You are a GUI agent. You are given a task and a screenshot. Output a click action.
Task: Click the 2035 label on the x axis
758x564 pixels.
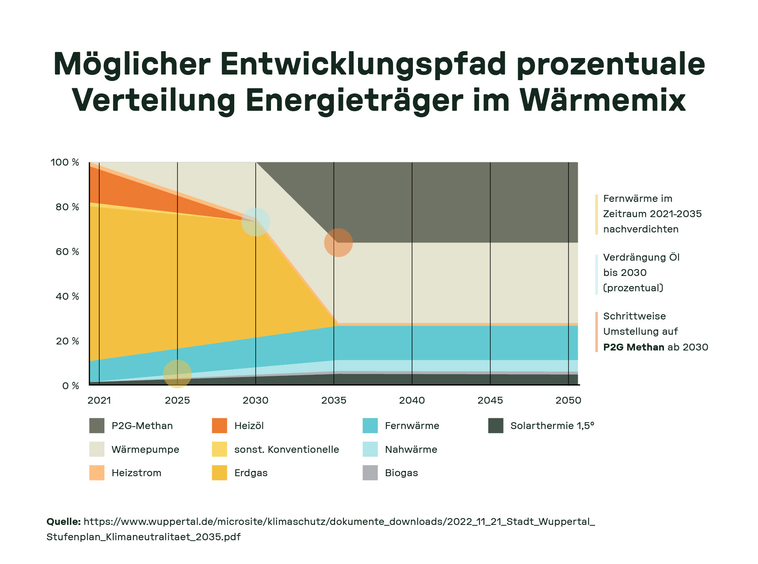333,400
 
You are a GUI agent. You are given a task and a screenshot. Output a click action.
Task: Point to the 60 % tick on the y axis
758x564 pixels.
67,252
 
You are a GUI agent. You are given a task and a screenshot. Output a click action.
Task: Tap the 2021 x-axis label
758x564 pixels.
99,400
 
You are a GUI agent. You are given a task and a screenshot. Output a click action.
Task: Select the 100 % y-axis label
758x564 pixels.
65,162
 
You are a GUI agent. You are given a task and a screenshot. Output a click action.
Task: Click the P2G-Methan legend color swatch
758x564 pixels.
97,426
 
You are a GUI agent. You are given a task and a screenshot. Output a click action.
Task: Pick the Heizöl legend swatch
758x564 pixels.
219,426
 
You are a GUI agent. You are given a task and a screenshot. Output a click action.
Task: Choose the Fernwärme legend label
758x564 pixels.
412,426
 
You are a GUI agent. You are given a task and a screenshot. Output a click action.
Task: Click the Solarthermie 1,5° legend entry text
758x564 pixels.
552,426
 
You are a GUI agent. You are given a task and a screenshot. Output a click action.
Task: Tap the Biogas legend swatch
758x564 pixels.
370,473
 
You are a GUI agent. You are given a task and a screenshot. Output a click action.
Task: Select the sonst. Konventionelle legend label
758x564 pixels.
286,450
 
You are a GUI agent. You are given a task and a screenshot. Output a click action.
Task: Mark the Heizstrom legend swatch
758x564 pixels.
97,473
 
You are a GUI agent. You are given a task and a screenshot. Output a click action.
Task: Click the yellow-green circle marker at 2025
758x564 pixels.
177,374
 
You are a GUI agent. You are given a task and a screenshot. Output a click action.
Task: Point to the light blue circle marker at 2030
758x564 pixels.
256,222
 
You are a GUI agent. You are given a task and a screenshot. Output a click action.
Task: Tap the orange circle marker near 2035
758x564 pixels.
338,243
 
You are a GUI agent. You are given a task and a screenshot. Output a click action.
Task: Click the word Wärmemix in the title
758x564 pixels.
602,100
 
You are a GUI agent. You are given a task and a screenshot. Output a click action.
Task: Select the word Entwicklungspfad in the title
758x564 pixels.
363,64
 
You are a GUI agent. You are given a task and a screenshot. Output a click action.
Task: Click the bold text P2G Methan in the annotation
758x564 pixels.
633,347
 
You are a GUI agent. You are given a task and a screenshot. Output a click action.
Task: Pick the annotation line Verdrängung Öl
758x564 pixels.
641,257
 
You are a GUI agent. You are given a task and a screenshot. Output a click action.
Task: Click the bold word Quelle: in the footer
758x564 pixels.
64,522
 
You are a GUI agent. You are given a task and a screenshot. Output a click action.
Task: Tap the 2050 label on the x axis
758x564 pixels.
568,400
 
